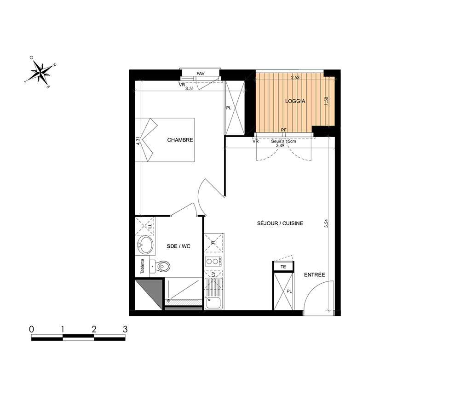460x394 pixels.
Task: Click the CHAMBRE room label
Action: click(180, 140)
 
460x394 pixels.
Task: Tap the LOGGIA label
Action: click(295, 101)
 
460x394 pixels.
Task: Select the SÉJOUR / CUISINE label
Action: click(280, 223)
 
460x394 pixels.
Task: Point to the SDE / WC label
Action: click(178, 246)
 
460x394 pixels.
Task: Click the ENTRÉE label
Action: click(315, 275)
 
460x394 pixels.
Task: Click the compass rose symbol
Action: click(40, 71)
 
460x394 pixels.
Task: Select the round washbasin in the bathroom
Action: click(145, 245)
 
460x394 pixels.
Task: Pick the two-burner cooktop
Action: click(213, 261)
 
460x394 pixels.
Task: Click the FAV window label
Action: click(201, 74)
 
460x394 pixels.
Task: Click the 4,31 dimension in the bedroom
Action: click(138, 141)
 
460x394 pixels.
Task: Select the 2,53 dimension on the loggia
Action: click(295, 78)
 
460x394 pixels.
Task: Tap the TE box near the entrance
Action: click(283, 267)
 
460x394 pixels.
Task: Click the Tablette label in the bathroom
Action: click(142, 266)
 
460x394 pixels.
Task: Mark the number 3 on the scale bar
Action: click(125, 329)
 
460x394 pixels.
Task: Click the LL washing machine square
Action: click(145, 226)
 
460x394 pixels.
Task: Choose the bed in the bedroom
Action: click(165, 140)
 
